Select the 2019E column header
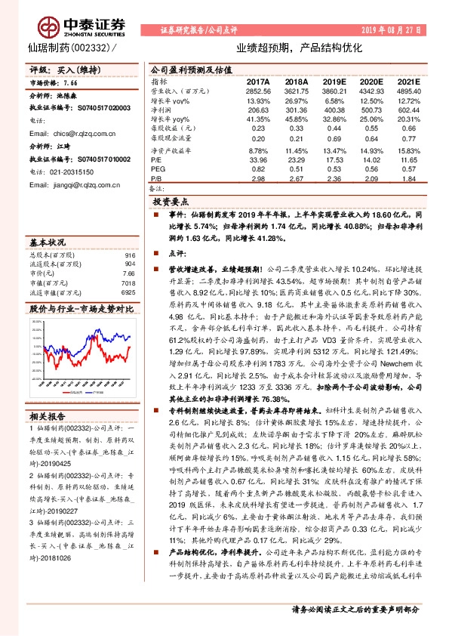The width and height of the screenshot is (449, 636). [333, 81]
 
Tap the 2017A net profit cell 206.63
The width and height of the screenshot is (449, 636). [258, 110]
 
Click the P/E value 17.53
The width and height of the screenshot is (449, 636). [333, 160]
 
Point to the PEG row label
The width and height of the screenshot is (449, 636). [156, 170]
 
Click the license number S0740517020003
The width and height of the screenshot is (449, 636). [87, 109]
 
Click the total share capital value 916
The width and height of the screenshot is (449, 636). [129, 255]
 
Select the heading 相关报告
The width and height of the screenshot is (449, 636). [48, 415]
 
